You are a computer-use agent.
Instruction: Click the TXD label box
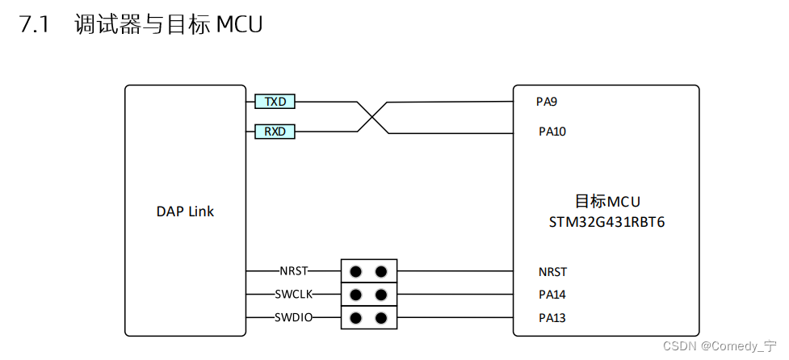275,102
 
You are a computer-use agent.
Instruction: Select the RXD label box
275,131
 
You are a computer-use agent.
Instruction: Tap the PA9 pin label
547,102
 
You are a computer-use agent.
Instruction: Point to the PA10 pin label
552,131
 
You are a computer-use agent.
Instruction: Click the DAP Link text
185,211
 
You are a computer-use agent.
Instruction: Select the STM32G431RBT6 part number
606,220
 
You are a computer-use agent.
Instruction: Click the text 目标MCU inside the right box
606,202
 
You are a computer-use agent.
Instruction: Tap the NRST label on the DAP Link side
293,271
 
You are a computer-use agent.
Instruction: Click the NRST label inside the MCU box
552,272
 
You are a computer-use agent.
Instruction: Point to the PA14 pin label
552,295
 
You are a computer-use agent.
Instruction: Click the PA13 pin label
552,318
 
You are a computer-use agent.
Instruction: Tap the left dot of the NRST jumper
356,271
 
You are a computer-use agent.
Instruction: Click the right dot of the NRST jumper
380,271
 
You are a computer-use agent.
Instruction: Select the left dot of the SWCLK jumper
356,294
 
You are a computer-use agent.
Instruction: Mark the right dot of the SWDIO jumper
380,317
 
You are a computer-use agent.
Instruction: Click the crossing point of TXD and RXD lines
371,117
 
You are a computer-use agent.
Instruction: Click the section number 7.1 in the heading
34,25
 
